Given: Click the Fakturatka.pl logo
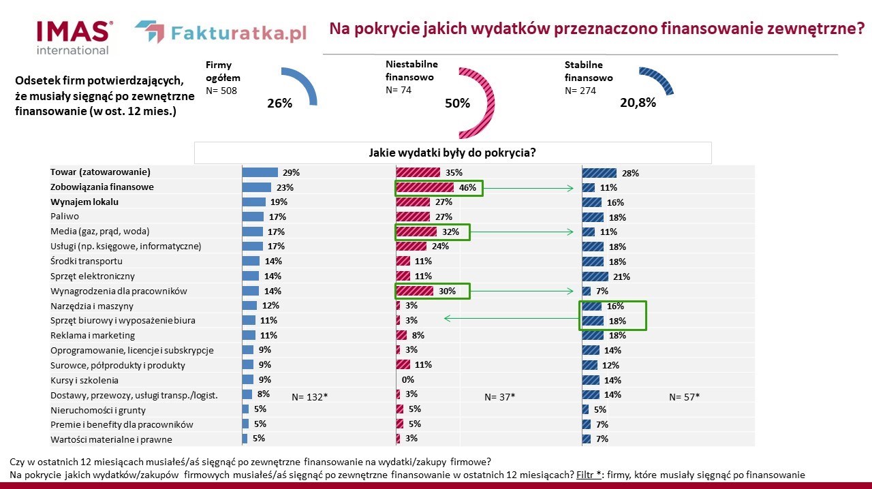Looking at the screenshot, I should (220, 33).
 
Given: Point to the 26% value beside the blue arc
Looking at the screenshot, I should (279, 104).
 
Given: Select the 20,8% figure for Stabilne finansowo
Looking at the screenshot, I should (638, 103).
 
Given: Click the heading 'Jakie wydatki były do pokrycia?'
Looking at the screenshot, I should (452, 153).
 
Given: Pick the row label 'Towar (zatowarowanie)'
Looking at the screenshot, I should (100, 172).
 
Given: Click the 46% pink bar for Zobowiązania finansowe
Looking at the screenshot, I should (424, 187).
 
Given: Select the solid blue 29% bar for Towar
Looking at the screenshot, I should (260, 172).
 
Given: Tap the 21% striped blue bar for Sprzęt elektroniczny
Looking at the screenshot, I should (595, 277).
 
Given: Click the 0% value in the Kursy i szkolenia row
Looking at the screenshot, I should (408, 380).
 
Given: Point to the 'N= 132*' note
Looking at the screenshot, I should (310, 396).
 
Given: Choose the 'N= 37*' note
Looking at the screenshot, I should (499, 396).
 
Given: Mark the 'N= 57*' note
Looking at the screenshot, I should (685, 396).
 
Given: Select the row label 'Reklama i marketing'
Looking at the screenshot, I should (93, 335).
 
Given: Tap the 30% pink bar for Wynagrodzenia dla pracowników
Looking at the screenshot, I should (415, 291).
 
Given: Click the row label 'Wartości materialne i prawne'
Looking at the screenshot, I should (111, 439).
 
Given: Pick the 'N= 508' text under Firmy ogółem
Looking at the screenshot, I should (221, 91).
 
